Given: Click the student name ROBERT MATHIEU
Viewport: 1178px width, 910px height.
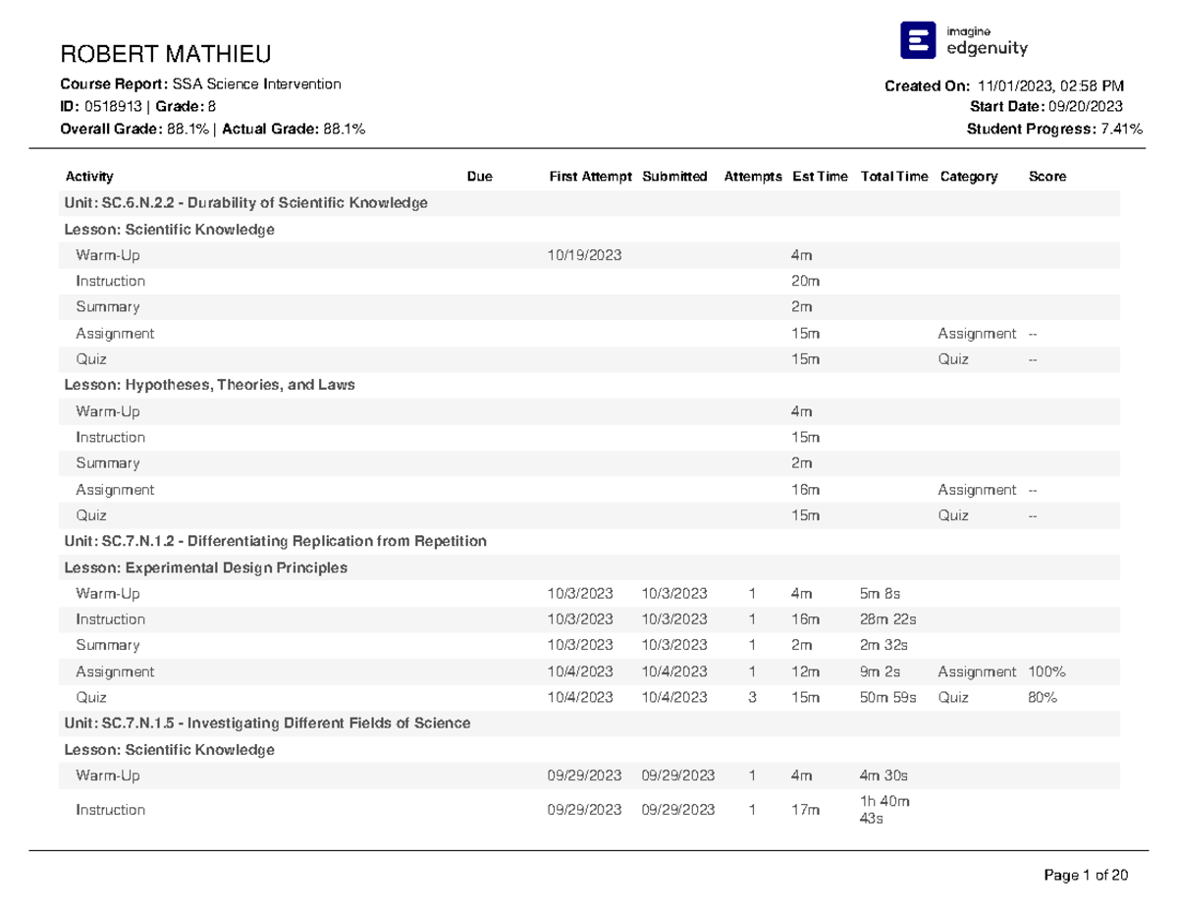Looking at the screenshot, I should pyautogui.click(x=166, y=53).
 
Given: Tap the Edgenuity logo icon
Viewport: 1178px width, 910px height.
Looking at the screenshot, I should pyautogui.click(x=918, y=40).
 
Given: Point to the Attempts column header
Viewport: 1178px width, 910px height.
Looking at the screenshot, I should pyautogui.click(x=753, y=177).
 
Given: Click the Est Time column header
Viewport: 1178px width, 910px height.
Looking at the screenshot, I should pyautogui.click(x=819, y=177).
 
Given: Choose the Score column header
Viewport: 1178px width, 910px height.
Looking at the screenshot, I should pyautogui.click(x=1046, y=177).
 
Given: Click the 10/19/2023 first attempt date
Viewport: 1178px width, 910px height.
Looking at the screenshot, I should pyautogui.click(x=584, y=255).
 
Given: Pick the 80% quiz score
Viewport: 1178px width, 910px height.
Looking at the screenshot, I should pyautogui.click(x=1043, y=697).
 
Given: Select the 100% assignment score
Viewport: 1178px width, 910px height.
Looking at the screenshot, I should pyautogui.click(x=1046, y=671).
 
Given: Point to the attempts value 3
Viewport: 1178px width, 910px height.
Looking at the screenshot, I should pyautogui.click(x=752, y=697).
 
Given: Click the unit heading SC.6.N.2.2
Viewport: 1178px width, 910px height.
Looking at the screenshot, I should pyautogui.click(x=245, y=203).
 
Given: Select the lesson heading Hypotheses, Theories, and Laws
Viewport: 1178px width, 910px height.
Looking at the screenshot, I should pyautogui.click(x=209, y=385).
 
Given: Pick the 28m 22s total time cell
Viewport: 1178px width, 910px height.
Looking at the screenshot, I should pyautogui.click(x=887, y=619).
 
